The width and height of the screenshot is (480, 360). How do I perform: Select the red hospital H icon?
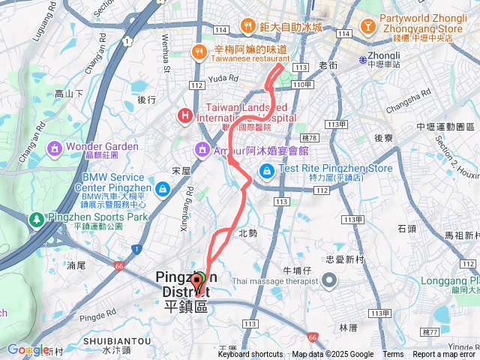tap(184, 115)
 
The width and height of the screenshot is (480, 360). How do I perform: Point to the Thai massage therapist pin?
tap(329, 281)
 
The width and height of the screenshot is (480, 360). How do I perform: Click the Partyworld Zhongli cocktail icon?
tap(368, 27)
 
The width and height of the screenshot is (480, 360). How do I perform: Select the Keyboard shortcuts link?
tap(250, 355)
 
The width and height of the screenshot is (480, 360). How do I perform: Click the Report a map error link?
tap(445, 355)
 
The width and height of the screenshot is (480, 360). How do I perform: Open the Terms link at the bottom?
tap(393, 355)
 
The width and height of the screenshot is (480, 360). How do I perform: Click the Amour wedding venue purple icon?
tap(202, 150)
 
